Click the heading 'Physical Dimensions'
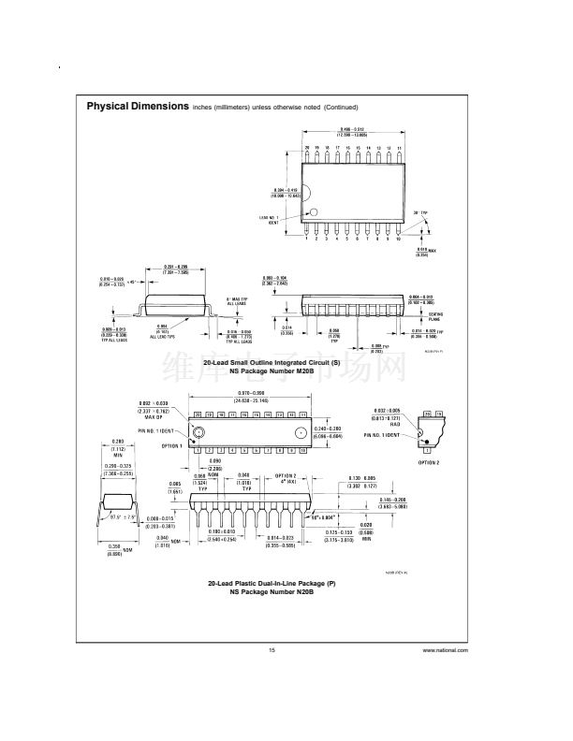138,107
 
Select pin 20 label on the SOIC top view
306,149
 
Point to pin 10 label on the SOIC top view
399,240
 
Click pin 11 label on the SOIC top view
400,149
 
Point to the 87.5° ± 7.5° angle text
125,516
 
